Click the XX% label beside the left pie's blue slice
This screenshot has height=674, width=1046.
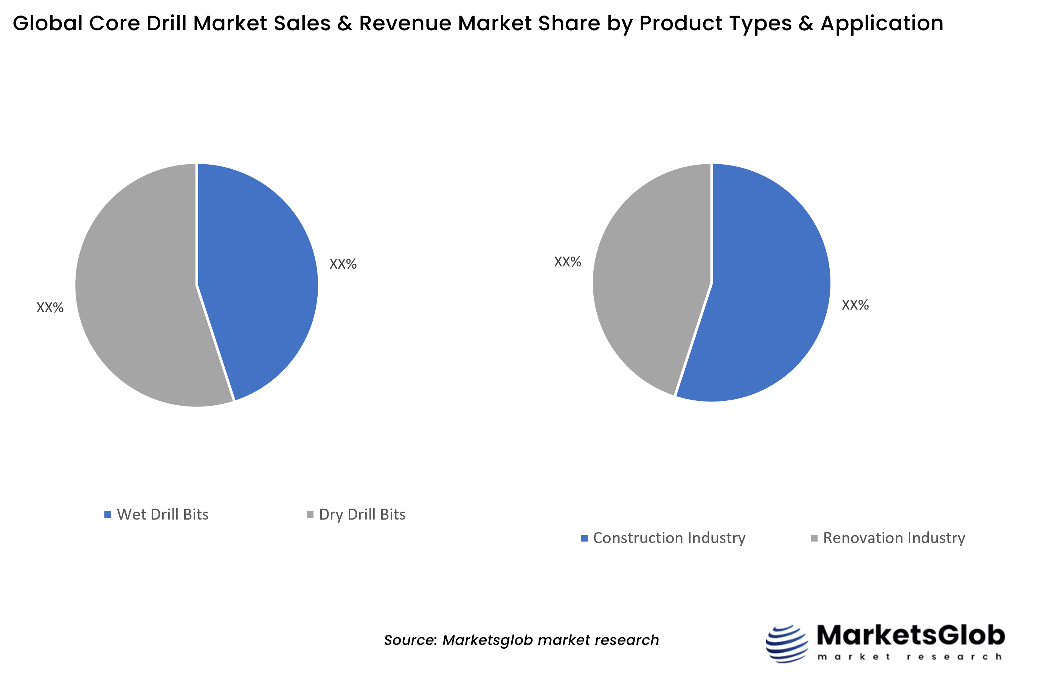343,264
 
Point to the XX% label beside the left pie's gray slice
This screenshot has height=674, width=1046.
50,307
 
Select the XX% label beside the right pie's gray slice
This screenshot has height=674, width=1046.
567,262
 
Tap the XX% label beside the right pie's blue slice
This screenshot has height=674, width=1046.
855,305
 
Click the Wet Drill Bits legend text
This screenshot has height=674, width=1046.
163,514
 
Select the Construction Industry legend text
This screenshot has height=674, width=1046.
669,538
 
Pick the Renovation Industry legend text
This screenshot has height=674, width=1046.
894,538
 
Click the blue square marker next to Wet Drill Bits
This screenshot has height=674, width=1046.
107,514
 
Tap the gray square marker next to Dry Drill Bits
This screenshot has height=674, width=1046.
310,514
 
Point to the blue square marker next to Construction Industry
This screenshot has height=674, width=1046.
584,538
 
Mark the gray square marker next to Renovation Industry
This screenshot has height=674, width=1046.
814,538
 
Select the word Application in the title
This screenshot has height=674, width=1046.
881,23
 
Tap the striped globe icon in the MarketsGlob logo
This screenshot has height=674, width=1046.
786,643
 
